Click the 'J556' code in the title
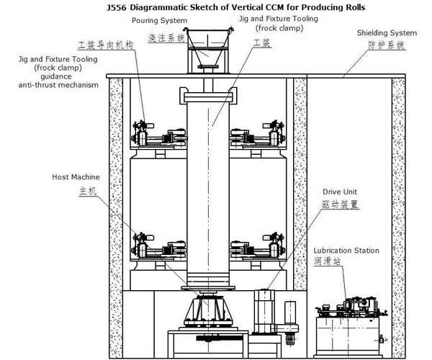coord(116,7)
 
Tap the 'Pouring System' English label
coord(160,21)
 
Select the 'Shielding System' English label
coord(387,33)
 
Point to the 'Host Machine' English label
coord(76,177)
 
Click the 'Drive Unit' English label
coord(340,192)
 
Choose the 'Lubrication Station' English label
coord(346,251)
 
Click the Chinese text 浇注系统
coord(167,38)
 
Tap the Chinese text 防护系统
coord(387,45)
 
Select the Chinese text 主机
coord(88,191)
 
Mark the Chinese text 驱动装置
coord(341,204)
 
